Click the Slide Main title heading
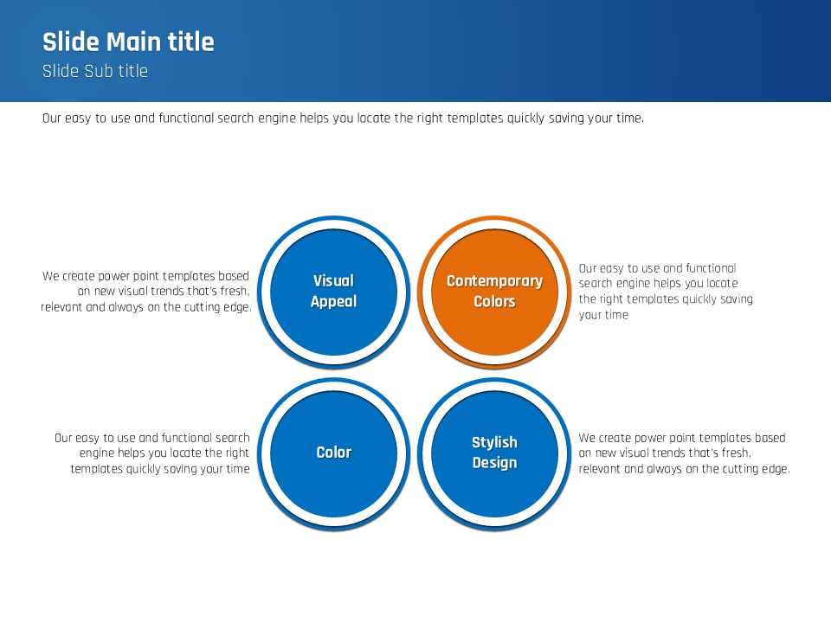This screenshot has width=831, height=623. click(x=128, y=42)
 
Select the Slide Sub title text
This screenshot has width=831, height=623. click(x=95, y=71)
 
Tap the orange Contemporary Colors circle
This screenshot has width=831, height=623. click(x=494, y=292)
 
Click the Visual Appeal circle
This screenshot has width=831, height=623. click(x=333, y=292)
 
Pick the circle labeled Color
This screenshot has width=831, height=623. click(x=333, y=453)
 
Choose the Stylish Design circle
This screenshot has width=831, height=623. click(x=494, y=453)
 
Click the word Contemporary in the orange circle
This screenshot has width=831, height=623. click(x=494, y=281)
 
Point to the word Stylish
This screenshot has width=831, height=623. click(x=494, y=442)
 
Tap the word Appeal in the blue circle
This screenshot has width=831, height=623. click(x=334, y=302)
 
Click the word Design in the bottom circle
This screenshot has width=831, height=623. click(x=494, y=462)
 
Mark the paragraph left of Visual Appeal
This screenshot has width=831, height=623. click(x=145, y=292)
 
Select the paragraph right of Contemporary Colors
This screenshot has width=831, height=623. click(x=666, y=292)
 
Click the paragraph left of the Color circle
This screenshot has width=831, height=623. click(x=152, y=453)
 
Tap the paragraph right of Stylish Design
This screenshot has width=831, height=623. click(x=684, y=453)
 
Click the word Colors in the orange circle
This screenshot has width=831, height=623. click(x=494, y=301)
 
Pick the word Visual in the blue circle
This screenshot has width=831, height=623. click(x=333, y=280)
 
